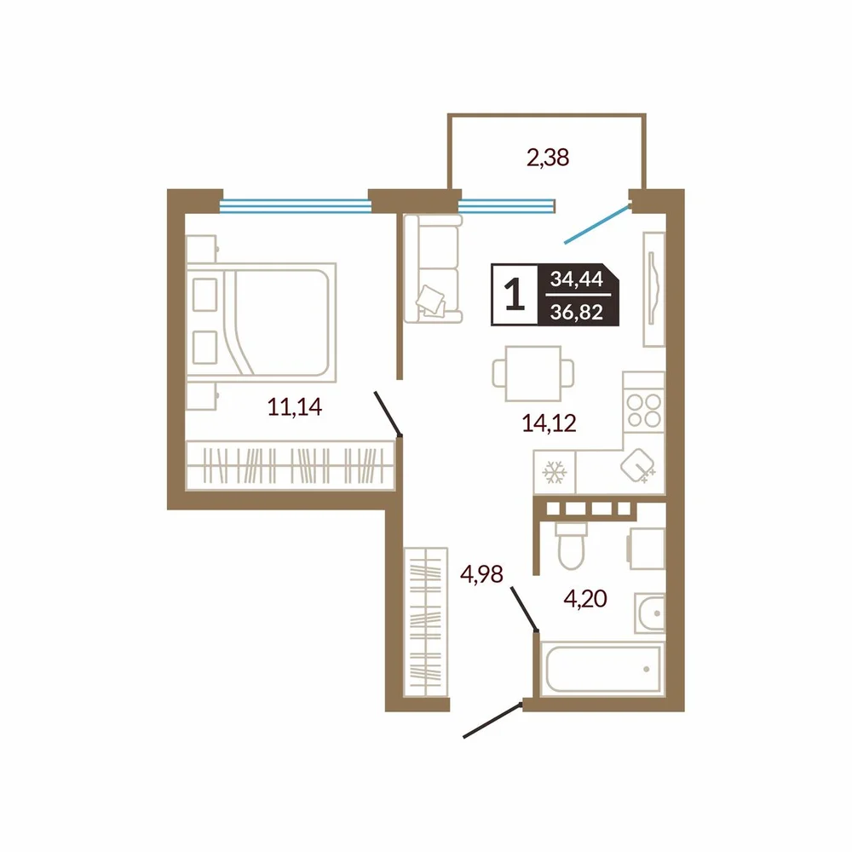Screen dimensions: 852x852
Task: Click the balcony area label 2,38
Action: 548,158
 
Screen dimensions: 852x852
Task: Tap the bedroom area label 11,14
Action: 295,406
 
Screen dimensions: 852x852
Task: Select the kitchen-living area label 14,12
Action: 549,423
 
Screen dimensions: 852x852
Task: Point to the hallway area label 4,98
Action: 481,573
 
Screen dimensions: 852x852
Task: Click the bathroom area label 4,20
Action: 585,599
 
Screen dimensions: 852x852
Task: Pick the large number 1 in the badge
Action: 514,295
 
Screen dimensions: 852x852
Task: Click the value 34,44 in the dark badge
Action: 577,279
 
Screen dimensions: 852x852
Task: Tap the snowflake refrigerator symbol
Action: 555,472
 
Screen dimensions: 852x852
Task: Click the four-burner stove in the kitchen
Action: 644,411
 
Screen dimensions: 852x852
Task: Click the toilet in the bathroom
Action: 571,545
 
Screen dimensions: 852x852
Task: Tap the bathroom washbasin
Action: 650,613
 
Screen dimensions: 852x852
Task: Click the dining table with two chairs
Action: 533,373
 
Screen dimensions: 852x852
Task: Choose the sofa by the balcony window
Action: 433,268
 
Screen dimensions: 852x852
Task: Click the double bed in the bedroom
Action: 262,323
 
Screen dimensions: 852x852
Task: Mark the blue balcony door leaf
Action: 598,224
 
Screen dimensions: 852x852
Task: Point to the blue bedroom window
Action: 295,206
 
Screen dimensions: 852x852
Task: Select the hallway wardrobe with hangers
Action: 425,622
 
